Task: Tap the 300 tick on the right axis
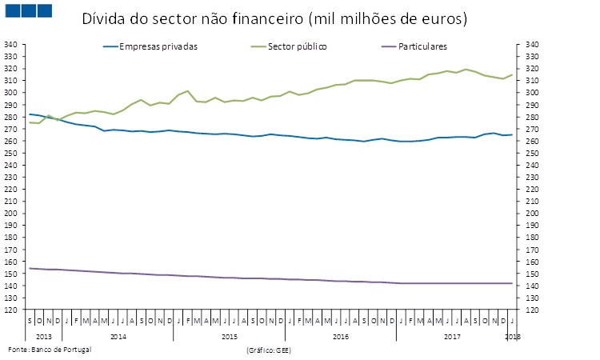(x=531, y=93)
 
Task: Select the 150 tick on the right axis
(x=531, y=274)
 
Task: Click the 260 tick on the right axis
(x=531, y=141)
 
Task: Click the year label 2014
(x=118, y=336)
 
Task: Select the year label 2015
(x=229, y=336)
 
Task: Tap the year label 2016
(x=340, y=336)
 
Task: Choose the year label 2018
(x=513, y=336)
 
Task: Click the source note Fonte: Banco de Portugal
(x=50, y=350)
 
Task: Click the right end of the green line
(x=512, y=74)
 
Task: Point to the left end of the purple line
(x=30, y=268)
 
